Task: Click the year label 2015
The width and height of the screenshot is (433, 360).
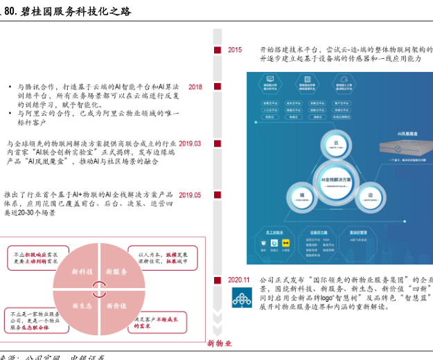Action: coord(235,50)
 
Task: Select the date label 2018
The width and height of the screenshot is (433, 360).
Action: coord(195,87)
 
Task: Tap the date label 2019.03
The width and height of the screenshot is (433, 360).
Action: coord(190,143)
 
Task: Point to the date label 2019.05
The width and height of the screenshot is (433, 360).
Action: coord(190,195)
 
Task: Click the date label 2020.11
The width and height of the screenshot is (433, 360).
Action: coord(238,280)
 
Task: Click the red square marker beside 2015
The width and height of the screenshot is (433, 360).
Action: coord(218,50)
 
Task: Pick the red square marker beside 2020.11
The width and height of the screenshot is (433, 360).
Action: coord(218,280)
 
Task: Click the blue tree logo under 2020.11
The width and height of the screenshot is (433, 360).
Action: coord(242,299)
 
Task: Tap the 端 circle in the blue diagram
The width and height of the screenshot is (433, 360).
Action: coord(303,196)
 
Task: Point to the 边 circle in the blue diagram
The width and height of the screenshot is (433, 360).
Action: coord(370,196)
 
